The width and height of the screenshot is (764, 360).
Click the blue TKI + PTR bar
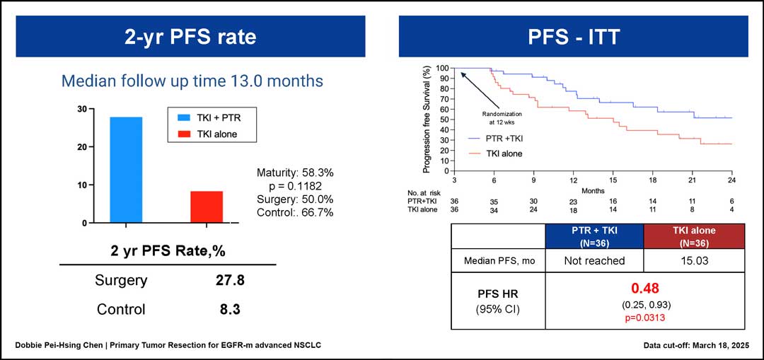point(126,170)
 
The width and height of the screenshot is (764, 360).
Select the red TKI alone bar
point(207,207)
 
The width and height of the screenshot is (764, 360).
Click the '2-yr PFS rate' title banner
point(191,37)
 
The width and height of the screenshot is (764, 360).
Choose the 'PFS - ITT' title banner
point(573,37)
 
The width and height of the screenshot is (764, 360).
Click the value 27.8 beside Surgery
point(231,281)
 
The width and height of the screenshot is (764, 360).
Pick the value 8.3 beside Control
point(231,309)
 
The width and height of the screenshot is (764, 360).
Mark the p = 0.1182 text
point(294,185)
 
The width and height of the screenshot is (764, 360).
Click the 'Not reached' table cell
point(594,260)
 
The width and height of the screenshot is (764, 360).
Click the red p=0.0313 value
point(644,318)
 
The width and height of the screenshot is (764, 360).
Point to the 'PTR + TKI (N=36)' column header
point(594,236)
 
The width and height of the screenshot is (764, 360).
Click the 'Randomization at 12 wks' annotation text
point(502,117)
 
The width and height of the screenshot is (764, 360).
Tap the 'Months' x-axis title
point(594,190)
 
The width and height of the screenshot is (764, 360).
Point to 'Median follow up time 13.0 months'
point(192,81)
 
